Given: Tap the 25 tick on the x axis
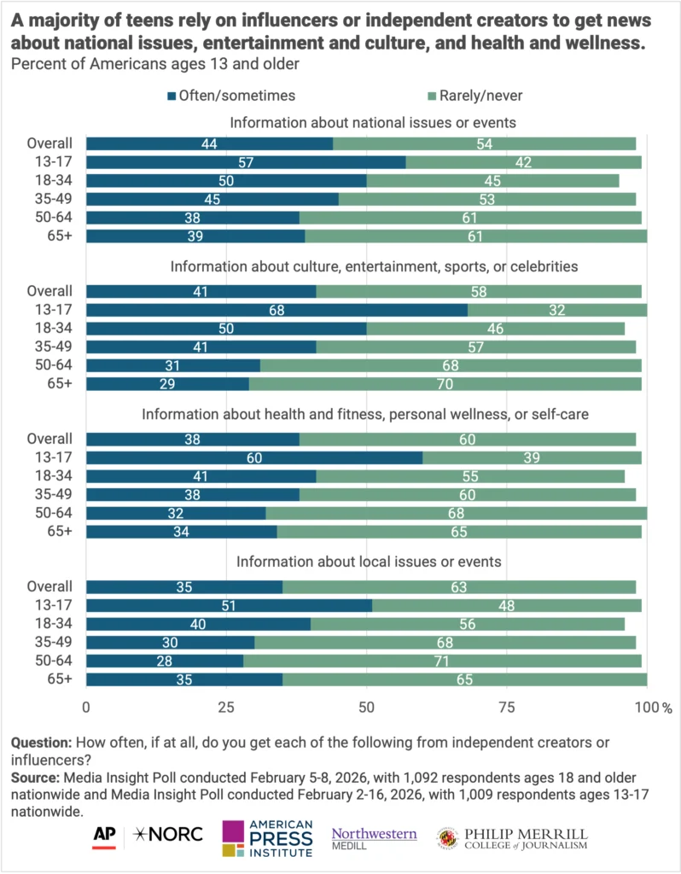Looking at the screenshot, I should point(226,708).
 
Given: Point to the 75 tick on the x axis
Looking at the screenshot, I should point(507,708).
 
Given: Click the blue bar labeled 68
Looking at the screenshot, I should point(276,309).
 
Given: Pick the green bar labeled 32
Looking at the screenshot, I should point(557,309).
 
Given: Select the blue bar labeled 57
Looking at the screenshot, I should point(246,162).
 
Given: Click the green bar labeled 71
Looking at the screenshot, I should point(442,661).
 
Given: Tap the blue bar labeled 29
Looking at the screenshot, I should point(167,384).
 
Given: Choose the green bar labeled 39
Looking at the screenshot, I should point(532,457).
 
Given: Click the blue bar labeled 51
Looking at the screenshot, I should point(229,606).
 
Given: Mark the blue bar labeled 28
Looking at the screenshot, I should point(165,661).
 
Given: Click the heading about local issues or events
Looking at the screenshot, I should point(368,562).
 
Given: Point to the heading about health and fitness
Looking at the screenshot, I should point(366,415).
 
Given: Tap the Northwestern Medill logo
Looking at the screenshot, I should point(374,836).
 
